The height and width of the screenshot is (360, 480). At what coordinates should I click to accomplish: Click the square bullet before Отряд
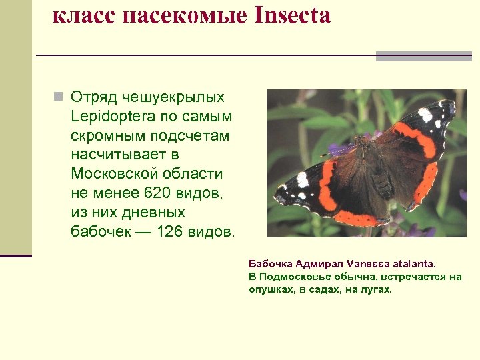click(x=59, y=97)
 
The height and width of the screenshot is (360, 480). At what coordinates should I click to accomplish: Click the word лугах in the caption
click(x=377, y=289)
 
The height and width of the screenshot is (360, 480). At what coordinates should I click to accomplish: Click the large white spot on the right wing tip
click(x=425, y=115)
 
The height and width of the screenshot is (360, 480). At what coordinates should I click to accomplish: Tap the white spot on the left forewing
click(x=303, y=179)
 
